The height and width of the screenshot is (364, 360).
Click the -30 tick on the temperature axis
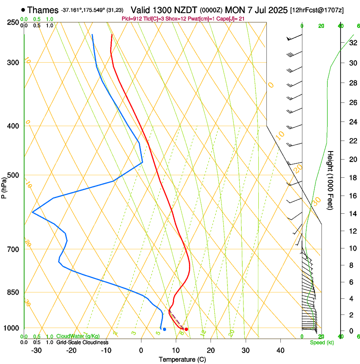(x=36, y=350)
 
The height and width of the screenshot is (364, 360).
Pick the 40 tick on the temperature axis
(x=280, y=350)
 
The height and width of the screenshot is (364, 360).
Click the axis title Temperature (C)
(x=182, y=360)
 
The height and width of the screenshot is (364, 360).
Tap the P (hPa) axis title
(x=4, y=186)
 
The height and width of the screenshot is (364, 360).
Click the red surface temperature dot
(x=186, y=329)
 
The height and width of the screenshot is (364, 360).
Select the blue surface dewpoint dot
(x=164, y=329)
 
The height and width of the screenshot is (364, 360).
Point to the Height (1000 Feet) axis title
(x=331, y=180)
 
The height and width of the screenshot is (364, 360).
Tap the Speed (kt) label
(x=321, y=342)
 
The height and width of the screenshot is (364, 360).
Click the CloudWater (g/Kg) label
(x=72, y=336)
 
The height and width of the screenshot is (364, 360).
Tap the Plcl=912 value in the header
(x=131, y=19)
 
